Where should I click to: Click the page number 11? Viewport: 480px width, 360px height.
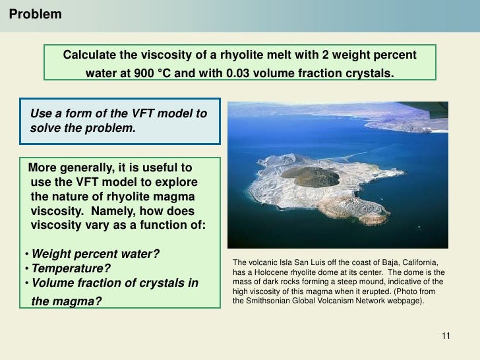tap(445, 336)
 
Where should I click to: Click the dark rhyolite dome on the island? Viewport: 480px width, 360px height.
tap(315, 176)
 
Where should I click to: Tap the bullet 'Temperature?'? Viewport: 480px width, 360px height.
tap(72, 269)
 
